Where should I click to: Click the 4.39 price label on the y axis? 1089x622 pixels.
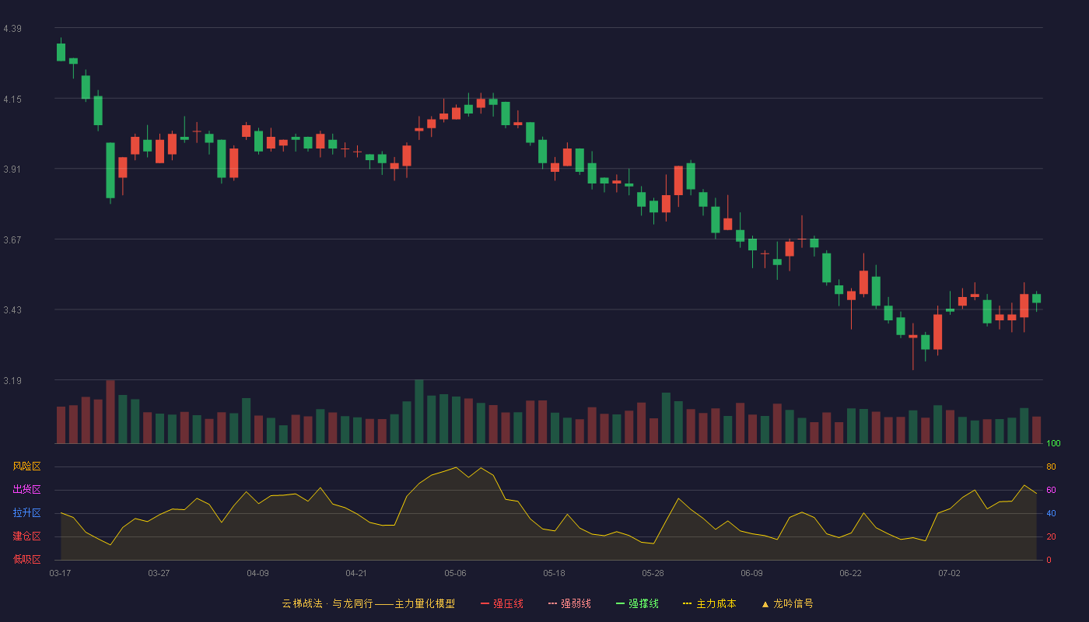pos(12,29)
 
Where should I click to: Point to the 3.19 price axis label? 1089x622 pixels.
pos(12,380)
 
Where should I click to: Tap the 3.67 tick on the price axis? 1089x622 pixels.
pos(12,240)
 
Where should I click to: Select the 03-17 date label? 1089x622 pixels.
pos(61,574)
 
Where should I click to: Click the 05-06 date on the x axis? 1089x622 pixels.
pos(455,574)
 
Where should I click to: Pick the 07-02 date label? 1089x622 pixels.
pos(949,574)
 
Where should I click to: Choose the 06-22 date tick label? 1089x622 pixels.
pos(850,574)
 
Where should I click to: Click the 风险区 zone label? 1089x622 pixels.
pos(26,466)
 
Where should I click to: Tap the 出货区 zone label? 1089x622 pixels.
pos(26,489)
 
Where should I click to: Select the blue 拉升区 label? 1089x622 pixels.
pos(26,512)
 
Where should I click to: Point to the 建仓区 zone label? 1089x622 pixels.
pos(26,536)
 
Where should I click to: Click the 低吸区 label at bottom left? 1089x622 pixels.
pos(26,559)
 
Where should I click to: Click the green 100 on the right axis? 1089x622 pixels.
pos(1053,443)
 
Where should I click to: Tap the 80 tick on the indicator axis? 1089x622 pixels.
pos(1051,466)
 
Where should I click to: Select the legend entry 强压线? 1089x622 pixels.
pos(502,603)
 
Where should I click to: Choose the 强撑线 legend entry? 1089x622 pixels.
pos(637,603)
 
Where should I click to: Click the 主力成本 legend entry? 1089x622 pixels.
pos(709,603)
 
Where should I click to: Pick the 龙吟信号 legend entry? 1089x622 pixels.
pos(787,603)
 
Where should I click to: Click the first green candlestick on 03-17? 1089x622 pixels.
pos(61,52)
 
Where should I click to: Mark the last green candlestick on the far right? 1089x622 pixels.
pos(1036,299)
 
